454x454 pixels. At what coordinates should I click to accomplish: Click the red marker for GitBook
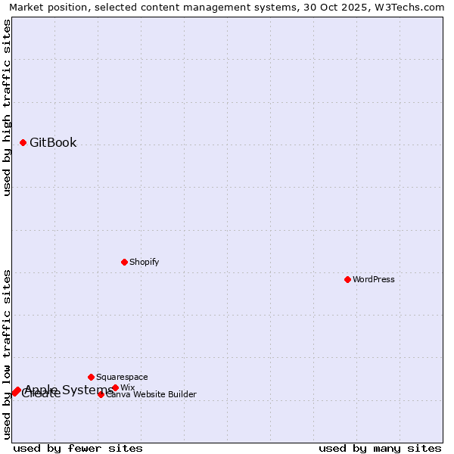(23, 142)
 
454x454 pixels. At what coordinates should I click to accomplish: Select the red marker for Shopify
(124, 262)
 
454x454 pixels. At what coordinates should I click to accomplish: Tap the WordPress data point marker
(347, 279)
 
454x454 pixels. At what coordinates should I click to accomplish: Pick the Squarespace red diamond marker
(91, 377)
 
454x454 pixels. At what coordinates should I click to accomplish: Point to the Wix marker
(115, 387)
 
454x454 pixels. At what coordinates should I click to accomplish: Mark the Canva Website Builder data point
(101, 394)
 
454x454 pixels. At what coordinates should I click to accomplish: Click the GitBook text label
(53, 142)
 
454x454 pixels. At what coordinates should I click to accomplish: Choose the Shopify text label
(144, 262)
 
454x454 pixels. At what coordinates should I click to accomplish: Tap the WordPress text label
(374, 279)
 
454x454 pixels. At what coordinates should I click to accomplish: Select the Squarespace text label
(122, 377)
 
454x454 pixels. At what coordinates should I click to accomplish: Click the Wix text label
(128, 387)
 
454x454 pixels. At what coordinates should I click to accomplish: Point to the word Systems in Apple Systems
(88, 390)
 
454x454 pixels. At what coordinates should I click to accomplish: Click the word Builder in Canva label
(182, 394)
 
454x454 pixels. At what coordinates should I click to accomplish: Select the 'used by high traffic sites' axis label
(8, 107)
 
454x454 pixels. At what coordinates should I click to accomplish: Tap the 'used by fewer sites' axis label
(78, 448)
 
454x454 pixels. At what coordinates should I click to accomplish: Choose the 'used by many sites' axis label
(380, 448)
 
